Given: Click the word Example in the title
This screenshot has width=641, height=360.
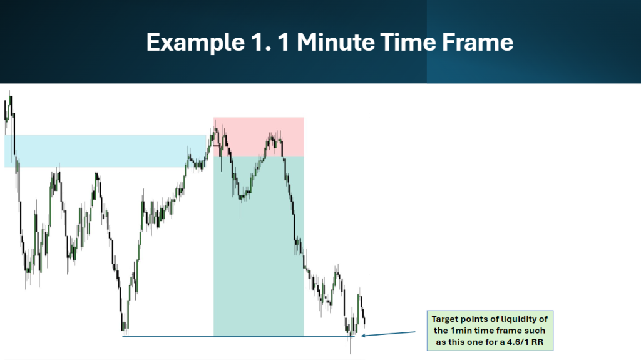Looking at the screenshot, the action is (x=195, y=43).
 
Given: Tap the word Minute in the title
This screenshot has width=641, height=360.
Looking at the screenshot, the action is (x=336, y=42).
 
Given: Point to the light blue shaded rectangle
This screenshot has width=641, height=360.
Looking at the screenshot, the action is (x=105, y=151).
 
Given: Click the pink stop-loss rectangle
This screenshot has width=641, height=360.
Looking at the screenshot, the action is (x=259, y=136).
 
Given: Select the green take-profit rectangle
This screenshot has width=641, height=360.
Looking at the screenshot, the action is (x=259, y=246).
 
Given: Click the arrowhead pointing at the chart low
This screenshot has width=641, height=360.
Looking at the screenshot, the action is (x=364, y=336).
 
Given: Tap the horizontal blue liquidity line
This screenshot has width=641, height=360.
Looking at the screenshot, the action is (x=238, y=336).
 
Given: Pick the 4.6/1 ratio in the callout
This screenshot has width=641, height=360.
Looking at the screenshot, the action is (x=518, y=342).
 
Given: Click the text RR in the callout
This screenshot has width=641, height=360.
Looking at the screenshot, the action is (x=537, y=342).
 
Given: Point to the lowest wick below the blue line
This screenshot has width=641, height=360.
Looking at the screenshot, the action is (x=351, y=346).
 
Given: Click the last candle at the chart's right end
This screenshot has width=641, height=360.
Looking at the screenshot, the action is (x=364, y=321).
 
